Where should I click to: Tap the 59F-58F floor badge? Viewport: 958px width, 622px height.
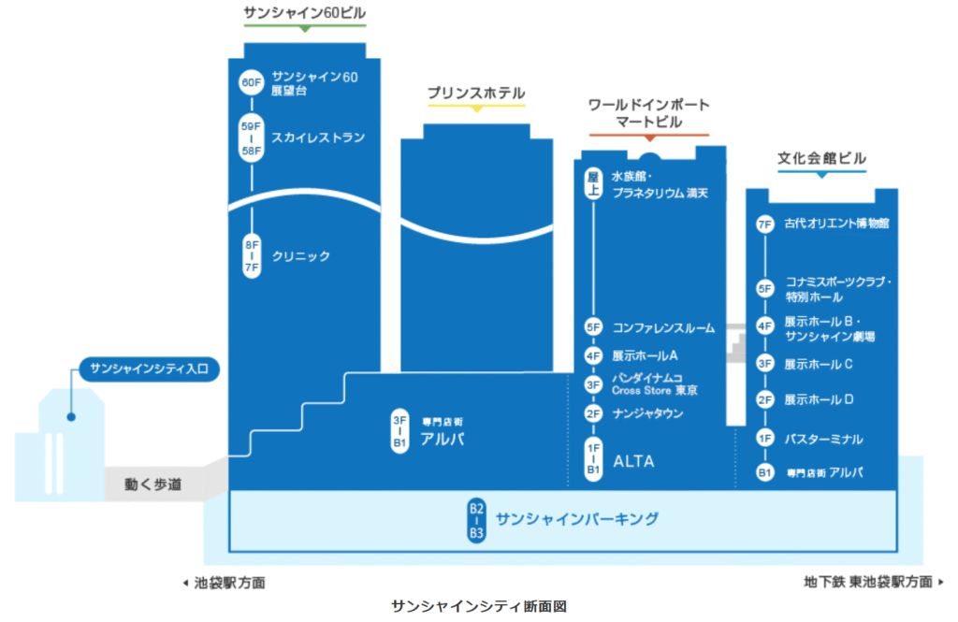[252, 137]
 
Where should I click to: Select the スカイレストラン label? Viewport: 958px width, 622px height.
[318, 137]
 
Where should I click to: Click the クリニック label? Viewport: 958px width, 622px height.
[300, 255]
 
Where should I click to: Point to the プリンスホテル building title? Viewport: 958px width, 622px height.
[476, 94]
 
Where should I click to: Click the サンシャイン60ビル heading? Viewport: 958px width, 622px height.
[304, 13]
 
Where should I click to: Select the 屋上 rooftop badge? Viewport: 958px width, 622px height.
[592, 182]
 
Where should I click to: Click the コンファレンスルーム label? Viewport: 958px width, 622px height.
[663, 328]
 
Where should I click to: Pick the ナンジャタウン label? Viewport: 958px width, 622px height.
[647, 413]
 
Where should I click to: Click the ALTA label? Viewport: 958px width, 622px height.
[633, 461]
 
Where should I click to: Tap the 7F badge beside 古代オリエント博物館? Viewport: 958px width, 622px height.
[764, 224]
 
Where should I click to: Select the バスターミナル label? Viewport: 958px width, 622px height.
[823, 439]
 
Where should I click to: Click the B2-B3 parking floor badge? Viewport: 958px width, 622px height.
[477, 521]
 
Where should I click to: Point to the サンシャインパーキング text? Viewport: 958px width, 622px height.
[577, 518]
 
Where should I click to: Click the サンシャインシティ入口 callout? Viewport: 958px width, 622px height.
[150, 369]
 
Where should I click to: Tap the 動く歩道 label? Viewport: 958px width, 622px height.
[152, 485]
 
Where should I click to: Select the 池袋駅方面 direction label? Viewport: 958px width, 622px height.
[225, 583]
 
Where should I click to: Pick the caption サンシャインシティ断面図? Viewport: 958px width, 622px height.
[479, 606]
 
